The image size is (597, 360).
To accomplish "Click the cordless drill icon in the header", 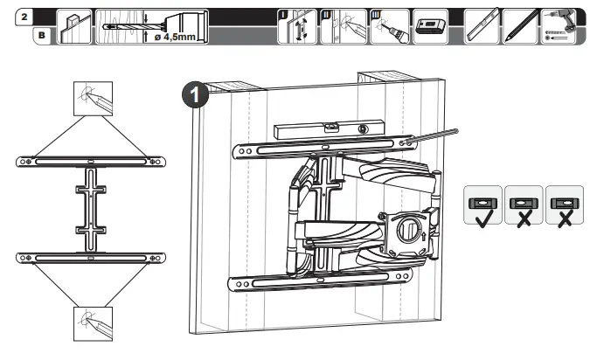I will [x=563, y=26].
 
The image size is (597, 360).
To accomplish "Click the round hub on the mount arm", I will [x=407, y=231].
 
